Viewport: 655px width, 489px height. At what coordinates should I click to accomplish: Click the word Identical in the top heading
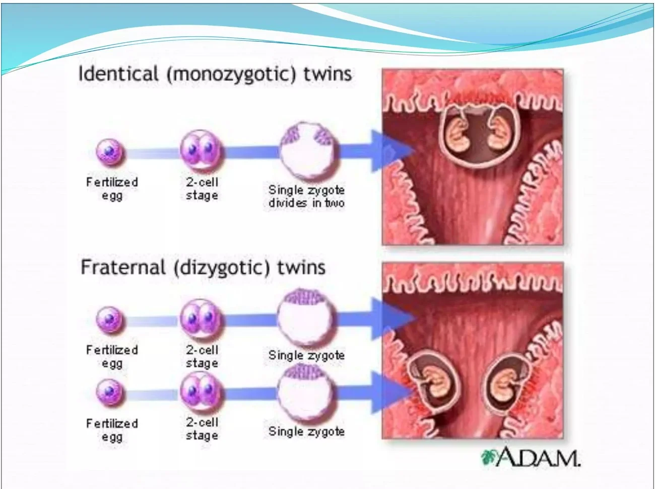click(118, 74)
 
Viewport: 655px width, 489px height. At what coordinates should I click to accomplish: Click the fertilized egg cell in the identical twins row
click(110, 152)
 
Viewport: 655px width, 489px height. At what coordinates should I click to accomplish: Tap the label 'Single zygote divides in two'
click(306, 196)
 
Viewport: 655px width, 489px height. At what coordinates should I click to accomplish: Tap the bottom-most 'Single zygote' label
click(306, 431)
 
